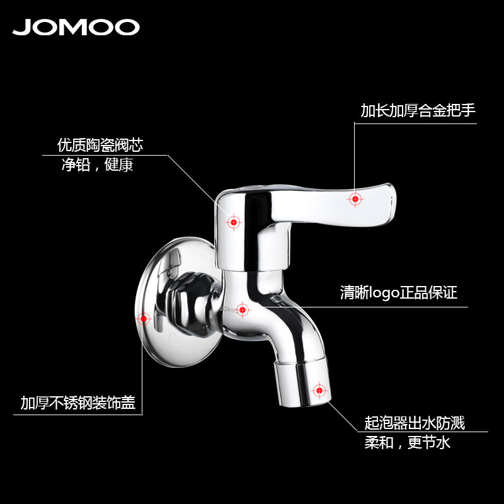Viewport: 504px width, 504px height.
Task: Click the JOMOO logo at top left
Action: coord(76,27)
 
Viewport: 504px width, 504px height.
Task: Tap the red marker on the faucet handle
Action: coord(355,199)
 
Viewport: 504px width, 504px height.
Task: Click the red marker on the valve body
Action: coord(234,222)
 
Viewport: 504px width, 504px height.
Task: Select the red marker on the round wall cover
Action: coord(144,318)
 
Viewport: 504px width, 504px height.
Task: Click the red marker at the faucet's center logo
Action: coord(243,309)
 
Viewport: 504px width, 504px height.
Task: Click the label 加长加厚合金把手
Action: coord(418,111)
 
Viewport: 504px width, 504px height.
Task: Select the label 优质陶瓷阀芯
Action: coord(100,146)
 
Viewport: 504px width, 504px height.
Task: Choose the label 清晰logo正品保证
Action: coord(398,293)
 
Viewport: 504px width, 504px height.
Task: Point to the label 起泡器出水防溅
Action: coord(415,423)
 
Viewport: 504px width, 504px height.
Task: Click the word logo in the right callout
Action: coord(384,293)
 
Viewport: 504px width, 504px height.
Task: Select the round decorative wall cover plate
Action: coord(157,296)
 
